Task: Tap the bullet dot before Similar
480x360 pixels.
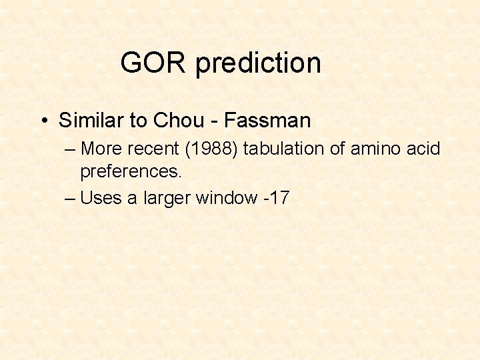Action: pos(43,121)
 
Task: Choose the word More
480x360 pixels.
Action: pos(101,148)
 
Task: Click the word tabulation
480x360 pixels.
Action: pos(285,148)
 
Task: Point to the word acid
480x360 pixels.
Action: pos(423,148)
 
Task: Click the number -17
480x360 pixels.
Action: pos(276,198)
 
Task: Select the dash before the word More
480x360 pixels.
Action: pos(71,149)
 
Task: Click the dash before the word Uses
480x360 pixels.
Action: pos(71,199)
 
